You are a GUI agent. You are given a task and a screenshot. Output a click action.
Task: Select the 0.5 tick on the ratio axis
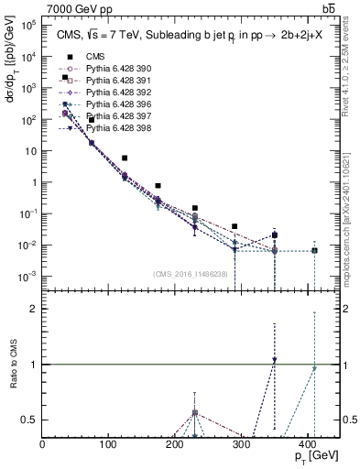tap(30, 420)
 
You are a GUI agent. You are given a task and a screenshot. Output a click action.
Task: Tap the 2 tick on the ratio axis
tap(34, 310)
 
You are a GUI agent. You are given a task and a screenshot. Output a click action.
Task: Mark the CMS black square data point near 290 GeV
tap(235, 226)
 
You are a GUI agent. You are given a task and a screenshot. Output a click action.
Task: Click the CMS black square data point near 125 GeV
tap(125, 158)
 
